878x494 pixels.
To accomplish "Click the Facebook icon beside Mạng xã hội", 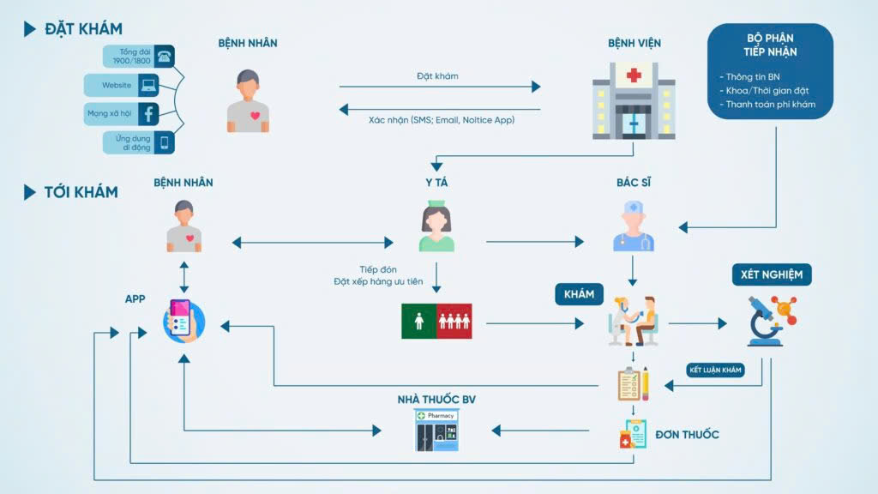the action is [148, 114].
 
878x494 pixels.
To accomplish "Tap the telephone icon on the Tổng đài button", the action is [164, 56].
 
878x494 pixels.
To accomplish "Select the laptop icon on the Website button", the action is [148, 85].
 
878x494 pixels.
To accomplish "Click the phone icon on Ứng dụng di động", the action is [164, 142].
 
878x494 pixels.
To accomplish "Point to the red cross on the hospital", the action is [634, 75].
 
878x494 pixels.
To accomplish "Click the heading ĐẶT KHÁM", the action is [83, 28].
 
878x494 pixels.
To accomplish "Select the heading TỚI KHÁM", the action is [81, 192].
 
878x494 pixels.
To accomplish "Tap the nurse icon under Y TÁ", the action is [436, 226].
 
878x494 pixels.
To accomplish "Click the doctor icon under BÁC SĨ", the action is [634, 226].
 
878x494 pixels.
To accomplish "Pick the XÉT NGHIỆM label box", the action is [772, 274].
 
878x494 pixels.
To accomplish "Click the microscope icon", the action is [772, 321].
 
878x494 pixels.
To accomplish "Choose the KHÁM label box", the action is [579, 294].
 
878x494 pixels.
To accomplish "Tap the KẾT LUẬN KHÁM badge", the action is [715, 370].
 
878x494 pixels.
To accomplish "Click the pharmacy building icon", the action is [436, 431].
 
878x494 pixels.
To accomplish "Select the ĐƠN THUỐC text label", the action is [687, 435].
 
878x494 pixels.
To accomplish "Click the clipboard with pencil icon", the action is [634, 383].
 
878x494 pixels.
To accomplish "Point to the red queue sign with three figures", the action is [454, 321].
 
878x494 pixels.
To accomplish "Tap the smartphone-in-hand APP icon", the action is [183, 321].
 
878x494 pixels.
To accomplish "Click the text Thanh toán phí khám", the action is [771, 104].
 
